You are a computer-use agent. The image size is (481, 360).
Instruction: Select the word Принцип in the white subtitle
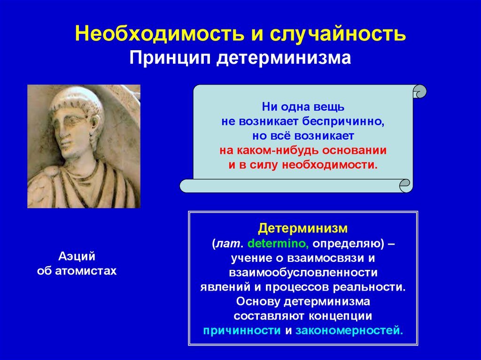170,58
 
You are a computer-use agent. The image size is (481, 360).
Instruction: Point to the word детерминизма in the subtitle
284,58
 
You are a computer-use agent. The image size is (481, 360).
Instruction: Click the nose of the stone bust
65,135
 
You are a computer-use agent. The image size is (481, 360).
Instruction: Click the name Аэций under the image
77,256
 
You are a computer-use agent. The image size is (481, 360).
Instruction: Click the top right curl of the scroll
419,92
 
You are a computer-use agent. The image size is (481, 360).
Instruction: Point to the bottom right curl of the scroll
406,186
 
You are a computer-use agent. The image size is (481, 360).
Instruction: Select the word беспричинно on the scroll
343,122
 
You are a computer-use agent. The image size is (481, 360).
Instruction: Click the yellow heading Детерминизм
303,229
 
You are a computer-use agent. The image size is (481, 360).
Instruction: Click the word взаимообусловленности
303,273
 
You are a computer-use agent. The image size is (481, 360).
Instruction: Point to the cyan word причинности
242,330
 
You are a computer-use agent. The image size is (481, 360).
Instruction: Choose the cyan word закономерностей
349,330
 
